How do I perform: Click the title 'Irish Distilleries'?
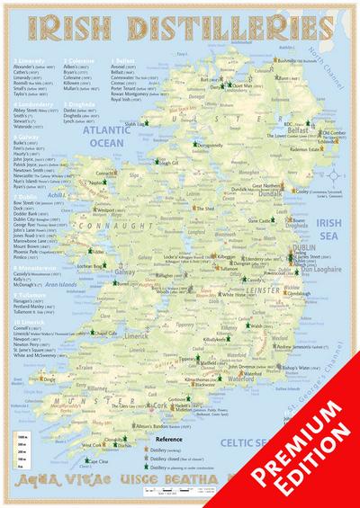[x=179, y=29]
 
